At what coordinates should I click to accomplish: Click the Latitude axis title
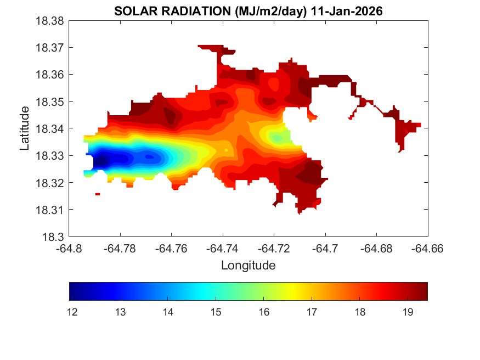click(x=25, y=128)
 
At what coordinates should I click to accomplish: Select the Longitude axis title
click(x=248, y=266)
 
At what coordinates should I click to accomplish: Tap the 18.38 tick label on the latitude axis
click(x=50, y=21)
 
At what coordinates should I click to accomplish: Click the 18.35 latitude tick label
click(x=50, y=102)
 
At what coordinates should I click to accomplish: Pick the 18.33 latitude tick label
click(x=50, y=156)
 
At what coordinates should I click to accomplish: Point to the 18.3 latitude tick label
click(x=54, y=237)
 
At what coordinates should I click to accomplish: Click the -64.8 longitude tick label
click(x=70, y=249)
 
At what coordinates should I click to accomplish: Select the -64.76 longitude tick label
click(x=172, y=249)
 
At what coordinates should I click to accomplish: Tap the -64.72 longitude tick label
click(x=274, y=249)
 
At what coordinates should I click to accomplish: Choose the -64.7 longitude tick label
click(x=326, y=249)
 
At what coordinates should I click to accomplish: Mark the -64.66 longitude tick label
click(x=428, y=249)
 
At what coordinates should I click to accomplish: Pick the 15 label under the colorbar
click(x=216, y=312)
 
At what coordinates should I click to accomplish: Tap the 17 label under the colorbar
click(x=312, y=312)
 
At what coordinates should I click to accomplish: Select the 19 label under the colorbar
click(x=408, y=312)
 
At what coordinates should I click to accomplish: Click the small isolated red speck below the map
click(x=98, y=194)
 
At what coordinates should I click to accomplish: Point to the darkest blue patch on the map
click(x=101, y=162)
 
